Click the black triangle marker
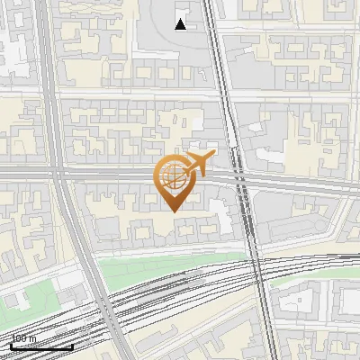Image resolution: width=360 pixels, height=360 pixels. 181,24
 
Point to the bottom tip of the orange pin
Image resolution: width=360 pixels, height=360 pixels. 171,211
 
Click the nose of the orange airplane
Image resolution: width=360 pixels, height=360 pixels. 213,155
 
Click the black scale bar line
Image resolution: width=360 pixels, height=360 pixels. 41,347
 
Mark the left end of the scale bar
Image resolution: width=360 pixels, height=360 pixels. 11,347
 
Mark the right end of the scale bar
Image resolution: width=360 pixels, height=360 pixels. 73,347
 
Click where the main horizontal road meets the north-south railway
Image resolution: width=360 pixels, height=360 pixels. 239,176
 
